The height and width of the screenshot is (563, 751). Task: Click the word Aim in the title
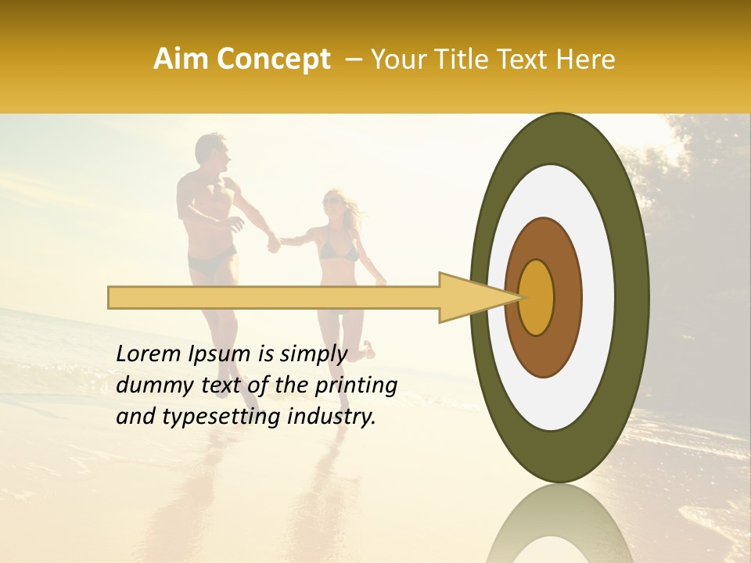182,59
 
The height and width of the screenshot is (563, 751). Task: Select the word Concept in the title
272,60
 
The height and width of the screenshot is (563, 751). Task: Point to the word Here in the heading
587,59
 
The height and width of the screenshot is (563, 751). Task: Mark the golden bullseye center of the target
536,297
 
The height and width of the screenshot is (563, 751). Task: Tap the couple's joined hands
275,243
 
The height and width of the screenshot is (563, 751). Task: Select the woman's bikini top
339,251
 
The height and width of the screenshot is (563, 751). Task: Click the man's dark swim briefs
210,262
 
